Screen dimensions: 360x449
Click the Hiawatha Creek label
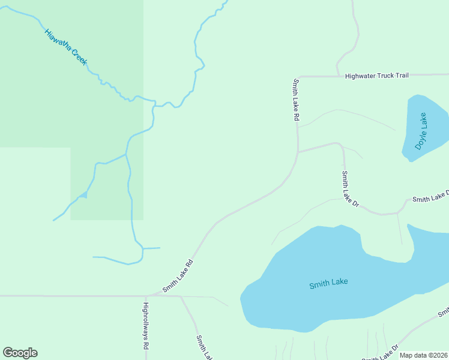pos(65,46)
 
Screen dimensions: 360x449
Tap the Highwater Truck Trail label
pos(376,76)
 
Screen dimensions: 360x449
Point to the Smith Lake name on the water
pos(328,283)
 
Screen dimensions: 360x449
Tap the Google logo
pos(20,353)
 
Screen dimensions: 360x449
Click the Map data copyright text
pos(423,355)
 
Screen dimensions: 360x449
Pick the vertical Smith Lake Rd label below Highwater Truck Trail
pos(295,100)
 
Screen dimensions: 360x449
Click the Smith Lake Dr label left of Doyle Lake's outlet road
pos(350,189)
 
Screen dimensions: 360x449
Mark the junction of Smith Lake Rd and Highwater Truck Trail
pos(298,77)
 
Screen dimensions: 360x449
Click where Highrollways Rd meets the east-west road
pos(146,296)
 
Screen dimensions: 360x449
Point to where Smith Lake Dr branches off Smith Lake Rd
pos(298,151)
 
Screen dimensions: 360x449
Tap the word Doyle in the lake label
pos(418,139)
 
